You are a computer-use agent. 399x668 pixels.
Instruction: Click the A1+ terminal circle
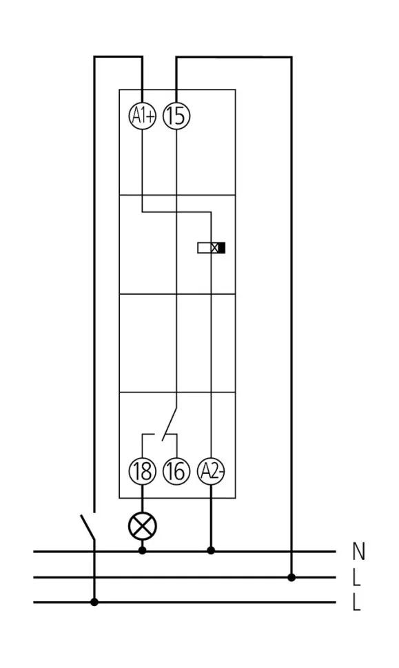143,116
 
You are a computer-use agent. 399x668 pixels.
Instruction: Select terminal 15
176,116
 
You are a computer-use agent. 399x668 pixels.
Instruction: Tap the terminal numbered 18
143,471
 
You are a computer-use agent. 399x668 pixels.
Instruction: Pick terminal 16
176,471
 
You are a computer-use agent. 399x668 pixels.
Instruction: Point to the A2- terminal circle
211,471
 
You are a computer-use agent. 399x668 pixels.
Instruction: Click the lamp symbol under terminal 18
143,526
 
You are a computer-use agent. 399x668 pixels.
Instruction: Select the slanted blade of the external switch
88,528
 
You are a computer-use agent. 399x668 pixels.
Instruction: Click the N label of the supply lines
359,551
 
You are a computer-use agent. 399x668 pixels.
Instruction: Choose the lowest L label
356,603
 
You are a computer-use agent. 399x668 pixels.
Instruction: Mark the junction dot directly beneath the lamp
143,550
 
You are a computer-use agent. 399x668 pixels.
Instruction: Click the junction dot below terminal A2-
211,550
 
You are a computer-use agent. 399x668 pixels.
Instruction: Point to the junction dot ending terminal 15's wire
291,577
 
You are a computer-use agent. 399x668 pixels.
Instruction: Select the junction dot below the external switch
94,602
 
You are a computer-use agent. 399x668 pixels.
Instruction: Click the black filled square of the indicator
222,247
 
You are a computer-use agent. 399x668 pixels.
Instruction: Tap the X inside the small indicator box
214,247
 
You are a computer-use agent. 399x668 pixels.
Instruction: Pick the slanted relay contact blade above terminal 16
170,423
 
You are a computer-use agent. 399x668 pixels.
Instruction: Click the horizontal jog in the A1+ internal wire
176,211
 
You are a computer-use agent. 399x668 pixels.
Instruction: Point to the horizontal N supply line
185,551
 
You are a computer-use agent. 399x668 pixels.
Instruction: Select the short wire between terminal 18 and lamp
143,499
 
